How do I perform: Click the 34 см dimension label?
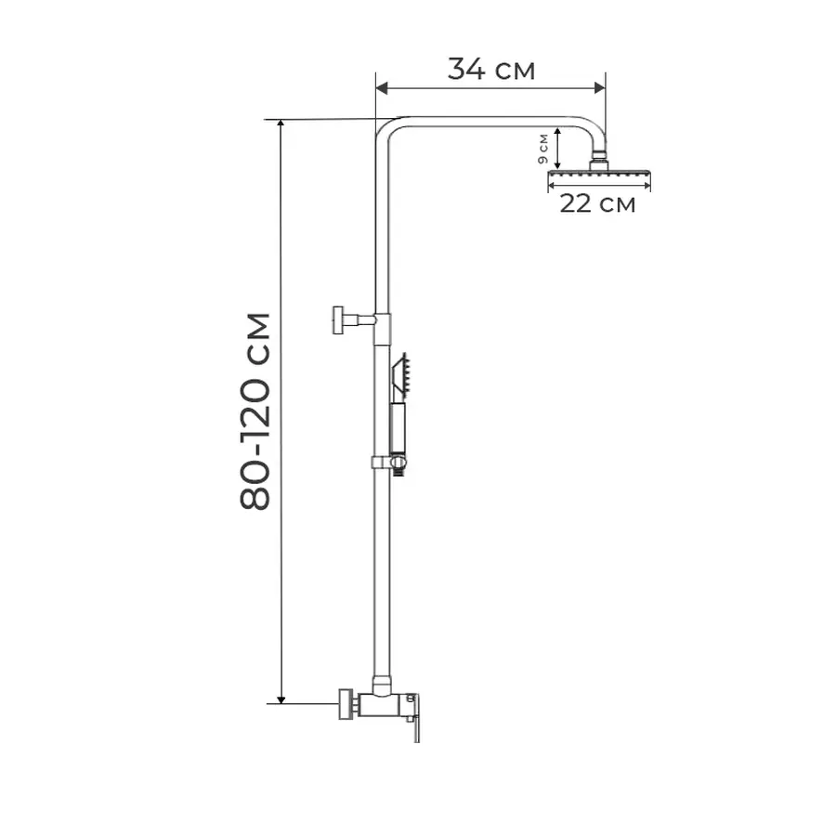491,69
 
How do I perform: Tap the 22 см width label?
597,203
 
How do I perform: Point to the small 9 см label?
542,148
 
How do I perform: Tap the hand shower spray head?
402,374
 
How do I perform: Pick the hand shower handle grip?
398,428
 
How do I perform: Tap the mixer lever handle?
414,720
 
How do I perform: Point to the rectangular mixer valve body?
382,705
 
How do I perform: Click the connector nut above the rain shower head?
600,158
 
